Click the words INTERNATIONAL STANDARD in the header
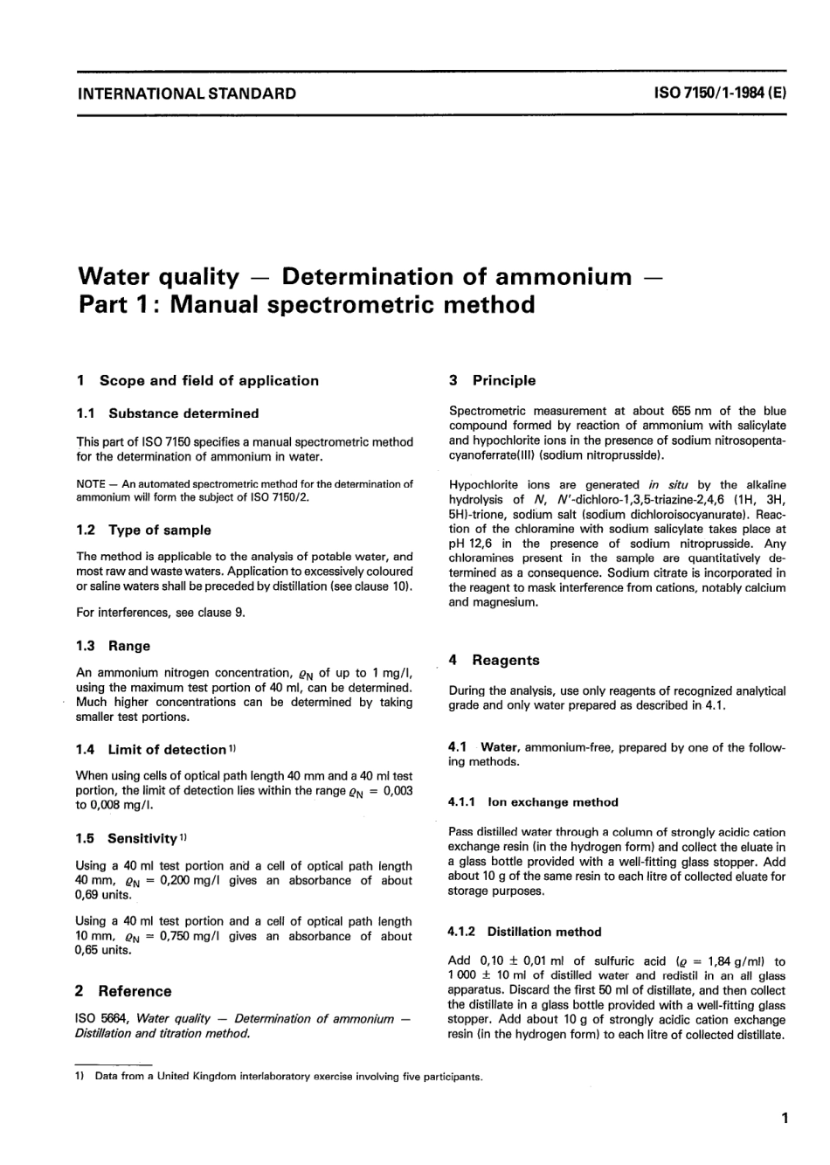pyautogui.click(x=187, y=94)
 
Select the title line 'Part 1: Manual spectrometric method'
pyautogui.click(x=307, y=305)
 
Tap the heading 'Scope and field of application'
pyautogui.click(x=209, y=380)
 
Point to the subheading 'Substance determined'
pyautogui.click(x=183, y=413)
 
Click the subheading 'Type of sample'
pyautogui.click(x=159, y=530)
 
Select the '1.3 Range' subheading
pyautogui.click(x=114, y=646)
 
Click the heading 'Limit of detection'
pyautogui.click(x=166, y=750)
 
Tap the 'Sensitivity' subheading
pyautogui.click(x=142, y=838)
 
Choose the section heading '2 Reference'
pyautogui.click(x=124, y=991)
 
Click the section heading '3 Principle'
pyautogui.click(x=492, y=380)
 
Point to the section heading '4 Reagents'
pyautogui.click(x=494, y=660)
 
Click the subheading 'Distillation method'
pyautogui.click(x=544, y=932)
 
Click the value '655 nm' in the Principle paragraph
pyautogui.click(x=691, y=411)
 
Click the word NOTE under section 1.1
pyautogui.click(x=92, y=483)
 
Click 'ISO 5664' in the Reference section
pyautogui.click(x=104, y=1018)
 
